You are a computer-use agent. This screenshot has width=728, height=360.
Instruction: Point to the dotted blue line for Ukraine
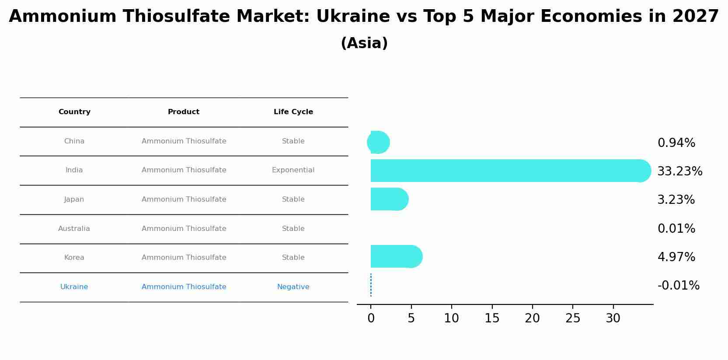[371, 285]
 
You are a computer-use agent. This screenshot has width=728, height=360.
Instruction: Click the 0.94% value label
[676, 143]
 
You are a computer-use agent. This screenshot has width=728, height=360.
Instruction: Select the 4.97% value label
[676, 257]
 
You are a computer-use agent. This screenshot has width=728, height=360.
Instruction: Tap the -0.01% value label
[678, 286]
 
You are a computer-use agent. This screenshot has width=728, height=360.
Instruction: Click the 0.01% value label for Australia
[676, 229]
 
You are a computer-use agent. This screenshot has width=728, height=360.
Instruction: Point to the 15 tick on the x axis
[492, 318]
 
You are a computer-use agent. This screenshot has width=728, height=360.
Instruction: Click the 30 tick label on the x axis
[613, 318]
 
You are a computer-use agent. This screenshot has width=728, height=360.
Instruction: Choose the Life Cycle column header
[293, 112]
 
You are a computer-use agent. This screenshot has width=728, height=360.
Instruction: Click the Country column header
[74, 112]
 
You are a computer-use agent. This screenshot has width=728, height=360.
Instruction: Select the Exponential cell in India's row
[293, 170]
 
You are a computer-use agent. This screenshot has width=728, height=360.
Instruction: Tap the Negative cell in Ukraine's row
[293, 287]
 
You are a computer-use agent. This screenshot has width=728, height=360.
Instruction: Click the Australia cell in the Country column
[74, 229]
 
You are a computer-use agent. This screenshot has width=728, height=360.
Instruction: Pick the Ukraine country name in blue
[74, 287]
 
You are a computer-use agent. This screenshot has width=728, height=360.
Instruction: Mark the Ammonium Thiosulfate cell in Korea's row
[184, 258]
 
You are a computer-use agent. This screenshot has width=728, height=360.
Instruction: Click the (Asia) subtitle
[364, 43]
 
